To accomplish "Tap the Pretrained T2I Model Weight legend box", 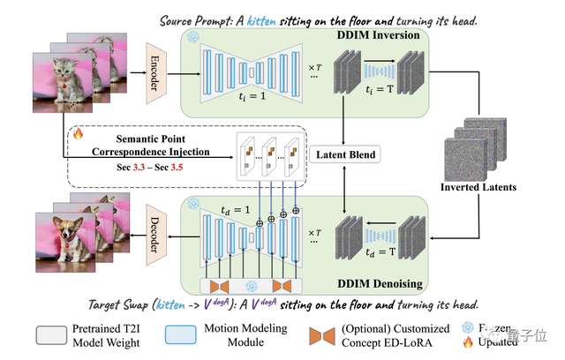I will (x=56, y=335).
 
